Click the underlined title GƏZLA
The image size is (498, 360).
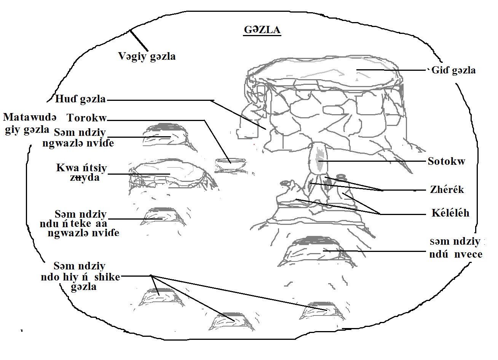pyautogui.click(x=262, y=30)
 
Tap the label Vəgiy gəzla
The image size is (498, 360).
pyautogui.click(x=147, y=56)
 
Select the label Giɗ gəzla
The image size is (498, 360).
pyautogui.click(x=453, y=70)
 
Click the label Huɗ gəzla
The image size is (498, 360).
pyautogui.click(x=80, y=99)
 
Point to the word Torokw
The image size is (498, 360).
pyautogui.click(x=87, y=118)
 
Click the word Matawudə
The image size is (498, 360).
pyautogui.click(x=30, y=117)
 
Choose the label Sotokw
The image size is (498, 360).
pyautogui.click(x=447, y=161)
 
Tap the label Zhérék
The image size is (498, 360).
pyautogui.click(x=447, y=190)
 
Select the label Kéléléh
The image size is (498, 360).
pyautogui.click(x=450, y=213)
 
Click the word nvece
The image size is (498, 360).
pyautogui.click(x=468, y=254)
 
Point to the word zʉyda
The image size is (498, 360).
pyautogui.click(x=85, y=178)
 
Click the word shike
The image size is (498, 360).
pyautogui.click(x=107, y=277)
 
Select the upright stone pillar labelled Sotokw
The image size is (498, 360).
pyautogui.click(x=318, y=159)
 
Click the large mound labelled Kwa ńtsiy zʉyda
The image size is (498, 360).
pyautogui.click(x=171, y=173)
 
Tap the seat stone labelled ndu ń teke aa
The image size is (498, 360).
pyautogui.click(x=163, y=217)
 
